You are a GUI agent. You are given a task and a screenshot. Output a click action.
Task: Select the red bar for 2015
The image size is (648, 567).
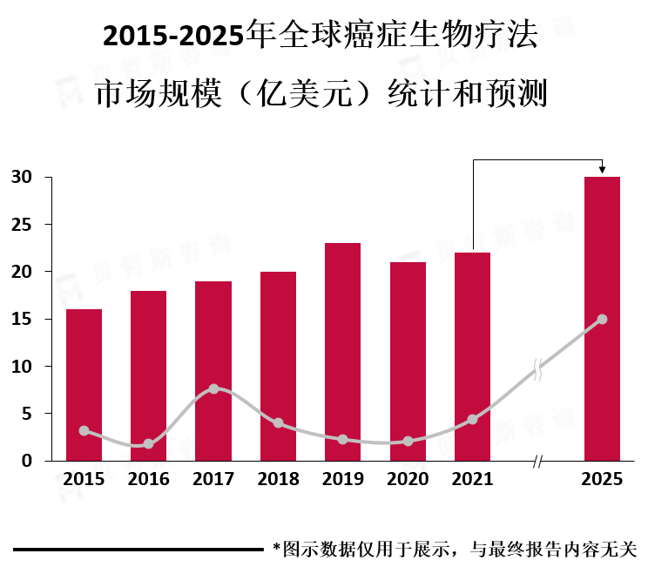click(84, 385)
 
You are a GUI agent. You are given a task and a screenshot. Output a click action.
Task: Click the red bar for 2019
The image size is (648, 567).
click(342, 352)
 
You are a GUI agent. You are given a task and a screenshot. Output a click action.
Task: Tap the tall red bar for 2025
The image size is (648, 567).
click(602, 319)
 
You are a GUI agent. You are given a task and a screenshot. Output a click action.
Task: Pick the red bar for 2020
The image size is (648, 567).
click(408, 361)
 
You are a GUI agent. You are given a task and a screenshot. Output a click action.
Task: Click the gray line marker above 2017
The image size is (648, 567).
click(213, 388)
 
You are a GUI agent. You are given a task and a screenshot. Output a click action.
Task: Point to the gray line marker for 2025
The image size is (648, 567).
click(602, 319)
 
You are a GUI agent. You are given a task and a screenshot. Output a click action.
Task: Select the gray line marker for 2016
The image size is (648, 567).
click(148, 444)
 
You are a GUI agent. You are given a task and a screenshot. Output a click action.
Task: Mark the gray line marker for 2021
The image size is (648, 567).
click(472, 420)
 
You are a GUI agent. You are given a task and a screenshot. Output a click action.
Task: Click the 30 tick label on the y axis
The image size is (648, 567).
click(22, 177)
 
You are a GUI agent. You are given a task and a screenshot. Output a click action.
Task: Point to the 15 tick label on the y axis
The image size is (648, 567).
click(22, 319)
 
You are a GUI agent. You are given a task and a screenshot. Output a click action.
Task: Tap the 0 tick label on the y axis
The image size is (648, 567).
click(27, 461)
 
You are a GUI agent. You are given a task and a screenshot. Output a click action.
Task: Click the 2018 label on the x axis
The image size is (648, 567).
click(278, 479)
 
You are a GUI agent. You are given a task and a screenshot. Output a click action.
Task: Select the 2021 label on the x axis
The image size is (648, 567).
click(472, 479)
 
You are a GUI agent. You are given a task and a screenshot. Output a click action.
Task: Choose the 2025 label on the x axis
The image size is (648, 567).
click(602, 479)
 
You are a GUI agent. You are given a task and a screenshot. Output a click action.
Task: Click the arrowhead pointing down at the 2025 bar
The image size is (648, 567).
click(602, 170)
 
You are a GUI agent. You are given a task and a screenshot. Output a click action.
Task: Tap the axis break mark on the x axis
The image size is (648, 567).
click(537, 461)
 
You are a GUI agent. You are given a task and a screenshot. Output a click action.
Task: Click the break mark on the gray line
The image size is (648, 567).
click(537, 369)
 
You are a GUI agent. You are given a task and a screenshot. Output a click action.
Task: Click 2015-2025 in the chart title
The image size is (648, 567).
click(173, 36)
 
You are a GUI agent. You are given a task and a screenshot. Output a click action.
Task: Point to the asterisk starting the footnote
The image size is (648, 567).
click(277, 547)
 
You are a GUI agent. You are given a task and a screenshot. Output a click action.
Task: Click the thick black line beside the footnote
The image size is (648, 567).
click(138, 550)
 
